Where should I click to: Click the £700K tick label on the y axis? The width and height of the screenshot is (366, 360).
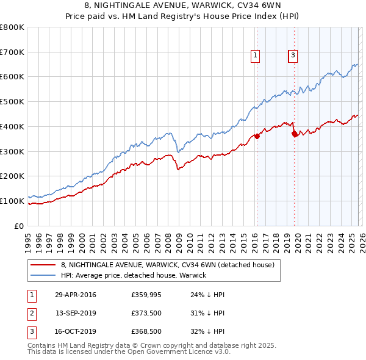tap(12, 52)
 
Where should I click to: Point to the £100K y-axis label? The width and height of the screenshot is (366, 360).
tap(12, 201)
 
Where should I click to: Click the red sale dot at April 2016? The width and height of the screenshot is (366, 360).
tap(257, 137)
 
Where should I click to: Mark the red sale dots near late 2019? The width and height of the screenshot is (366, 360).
tap(294, 134)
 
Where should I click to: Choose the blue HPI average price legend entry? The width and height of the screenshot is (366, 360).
tap(134, 275)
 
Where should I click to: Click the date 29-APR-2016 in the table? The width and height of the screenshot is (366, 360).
tap(75, 295)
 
